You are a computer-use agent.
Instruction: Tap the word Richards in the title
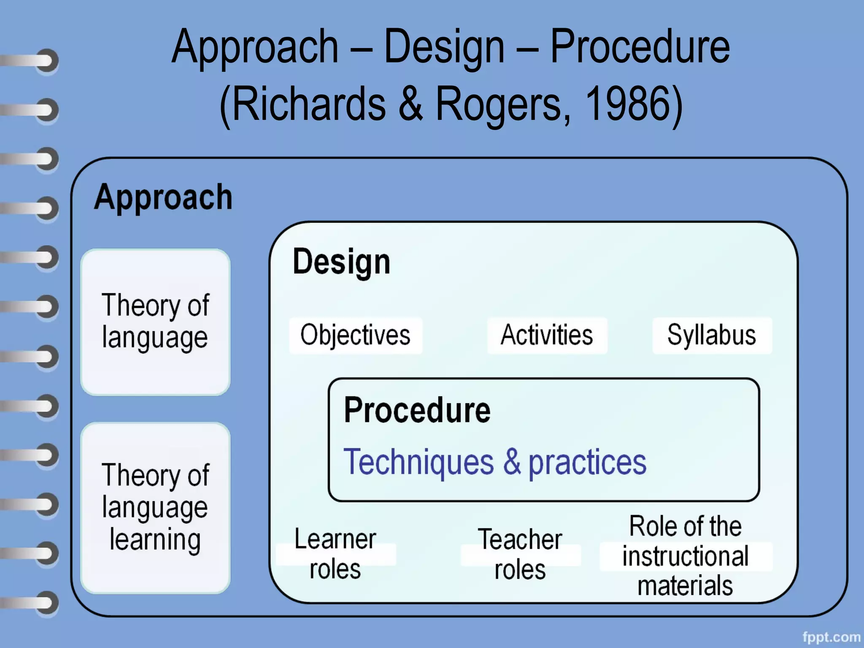point(309,103)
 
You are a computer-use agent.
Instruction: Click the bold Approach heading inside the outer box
point(163,197)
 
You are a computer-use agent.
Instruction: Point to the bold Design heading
point(341,262)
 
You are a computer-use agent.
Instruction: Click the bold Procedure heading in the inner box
point(417,410)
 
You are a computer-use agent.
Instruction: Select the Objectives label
point(355,335)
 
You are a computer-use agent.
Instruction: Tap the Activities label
point(547,335)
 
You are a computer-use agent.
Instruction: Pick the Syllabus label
point(712,335)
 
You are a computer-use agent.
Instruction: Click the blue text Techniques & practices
point(494,462)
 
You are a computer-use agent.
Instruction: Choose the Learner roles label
point(335,554)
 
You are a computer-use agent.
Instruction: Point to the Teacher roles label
point(520,554)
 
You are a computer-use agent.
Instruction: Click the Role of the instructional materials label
point(686,556)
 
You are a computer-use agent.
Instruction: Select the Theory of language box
point(155,322)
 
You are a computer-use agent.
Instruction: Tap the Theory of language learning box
point(155,508)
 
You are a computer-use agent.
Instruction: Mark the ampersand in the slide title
point(410,103)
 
